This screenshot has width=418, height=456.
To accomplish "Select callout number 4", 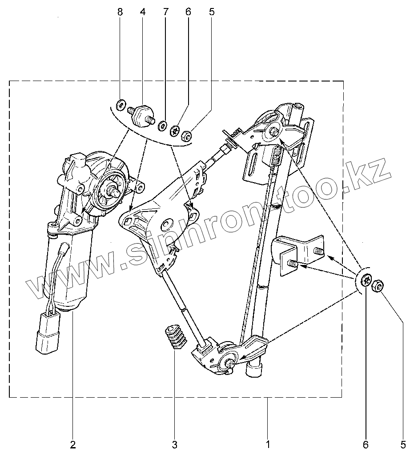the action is (142, 12).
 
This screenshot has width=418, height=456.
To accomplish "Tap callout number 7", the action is (165, 12).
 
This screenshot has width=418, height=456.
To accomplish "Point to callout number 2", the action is (72, 444).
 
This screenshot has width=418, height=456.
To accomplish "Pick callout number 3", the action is (174, 444).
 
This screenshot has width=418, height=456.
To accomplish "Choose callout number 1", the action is (268, 444).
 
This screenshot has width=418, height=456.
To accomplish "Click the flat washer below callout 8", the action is (121, 106).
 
